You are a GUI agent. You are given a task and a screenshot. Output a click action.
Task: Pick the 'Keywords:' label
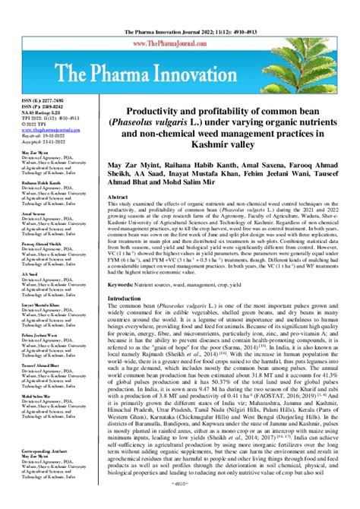coord(124,283)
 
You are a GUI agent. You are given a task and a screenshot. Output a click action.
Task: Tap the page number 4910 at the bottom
coord(180,503)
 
